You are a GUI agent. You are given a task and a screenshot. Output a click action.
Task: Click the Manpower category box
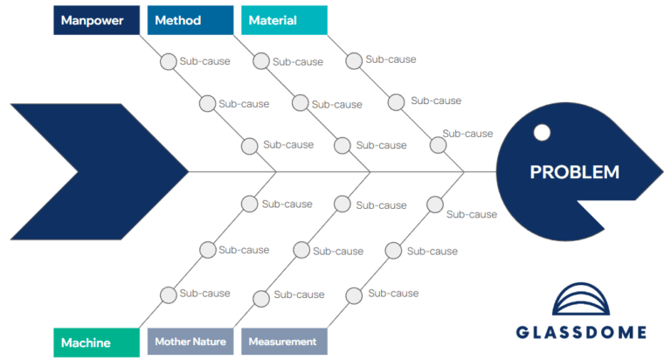pos(96,20)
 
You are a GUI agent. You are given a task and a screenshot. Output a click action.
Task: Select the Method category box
pos(190,20)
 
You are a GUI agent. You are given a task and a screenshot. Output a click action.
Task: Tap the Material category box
pos(284,20)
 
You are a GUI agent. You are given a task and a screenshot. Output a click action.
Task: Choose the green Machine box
pos(96,343)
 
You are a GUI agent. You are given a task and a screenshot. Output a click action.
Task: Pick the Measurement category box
pos(284,343)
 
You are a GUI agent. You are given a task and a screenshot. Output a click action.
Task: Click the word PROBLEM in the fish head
pos(574,172)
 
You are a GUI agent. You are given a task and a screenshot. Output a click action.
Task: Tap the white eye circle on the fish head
pos(542,133)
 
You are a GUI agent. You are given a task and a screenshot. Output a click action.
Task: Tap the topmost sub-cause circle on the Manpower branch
pos(168,62)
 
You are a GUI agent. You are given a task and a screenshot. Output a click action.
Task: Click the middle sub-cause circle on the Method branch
pos(300,103)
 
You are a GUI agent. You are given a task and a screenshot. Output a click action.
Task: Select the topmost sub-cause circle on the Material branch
pos(354,60)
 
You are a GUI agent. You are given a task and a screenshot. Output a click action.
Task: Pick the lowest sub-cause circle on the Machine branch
pos(167,294)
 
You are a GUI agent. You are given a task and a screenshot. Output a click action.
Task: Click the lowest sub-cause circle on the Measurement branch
pos(353,295)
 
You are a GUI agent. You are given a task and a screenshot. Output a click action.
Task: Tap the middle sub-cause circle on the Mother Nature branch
pos(301,250)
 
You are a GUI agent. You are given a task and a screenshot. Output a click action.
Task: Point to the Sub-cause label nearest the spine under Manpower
pos(288,145)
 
